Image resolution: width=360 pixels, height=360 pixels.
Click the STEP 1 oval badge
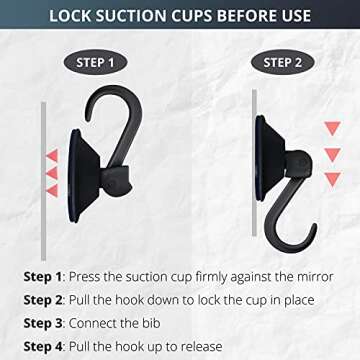pos(95,62)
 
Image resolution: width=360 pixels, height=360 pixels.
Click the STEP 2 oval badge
pos(283,62)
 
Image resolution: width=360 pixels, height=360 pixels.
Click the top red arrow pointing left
pos(52,155)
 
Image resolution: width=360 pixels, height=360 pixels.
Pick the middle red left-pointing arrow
pos(52,173)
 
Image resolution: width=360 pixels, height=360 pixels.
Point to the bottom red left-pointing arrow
pos(52,191)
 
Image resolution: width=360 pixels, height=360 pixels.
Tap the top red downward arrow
pos(333,128)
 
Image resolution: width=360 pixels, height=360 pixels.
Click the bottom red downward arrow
pos(333,179)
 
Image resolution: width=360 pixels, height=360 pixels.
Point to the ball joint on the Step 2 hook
pos(298,163)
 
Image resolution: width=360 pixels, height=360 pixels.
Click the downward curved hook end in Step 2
pos(313,229)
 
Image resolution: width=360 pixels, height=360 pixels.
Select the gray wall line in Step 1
pos(43,181)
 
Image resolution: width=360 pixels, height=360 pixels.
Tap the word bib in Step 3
pos(151,323)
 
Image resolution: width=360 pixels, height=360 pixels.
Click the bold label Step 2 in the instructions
pos(43,300)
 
